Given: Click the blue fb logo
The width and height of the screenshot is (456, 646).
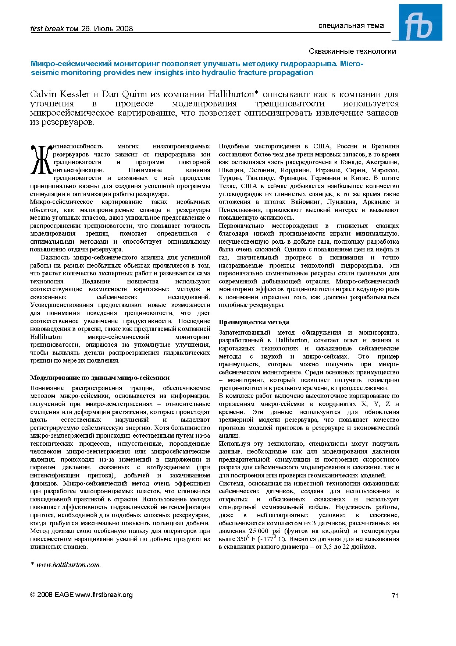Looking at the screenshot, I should coord(420,22).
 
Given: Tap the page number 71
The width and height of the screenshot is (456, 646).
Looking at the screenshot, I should coord(395,596).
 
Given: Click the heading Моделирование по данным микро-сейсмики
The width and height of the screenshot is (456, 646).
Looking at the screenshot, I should coord(100,378).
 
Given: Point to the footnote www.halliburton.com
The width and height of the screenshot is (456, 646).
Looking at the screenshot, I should coord(68,565).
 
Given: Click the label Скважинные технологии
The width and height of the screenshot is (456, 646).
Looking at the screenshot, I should coord(352,51).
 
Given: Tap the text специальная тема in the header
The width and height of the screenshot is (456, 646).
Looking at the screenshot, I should coord(351,25).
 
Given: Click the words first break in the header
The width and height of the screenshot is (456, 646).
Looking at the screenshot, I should coord(47,29).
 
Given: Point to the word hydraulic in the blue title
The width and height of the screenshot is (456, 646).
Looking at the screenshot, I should coord(218,73).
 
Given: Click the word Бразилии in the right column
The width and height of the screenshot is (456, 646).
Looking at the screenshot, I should coord(385,146).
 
